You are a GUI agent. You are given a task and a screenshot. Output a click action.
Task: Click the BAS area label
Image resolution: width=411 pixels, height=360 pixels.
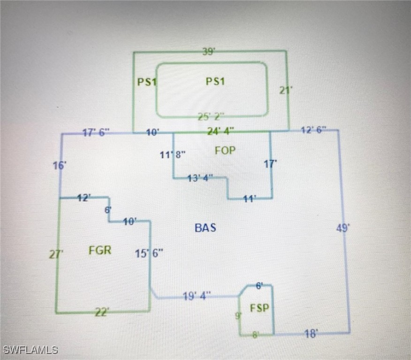coord(205,228)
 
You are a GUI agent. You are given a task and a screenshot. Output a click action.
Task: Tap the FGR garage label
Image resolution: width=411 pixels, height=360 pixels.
coord(100,250)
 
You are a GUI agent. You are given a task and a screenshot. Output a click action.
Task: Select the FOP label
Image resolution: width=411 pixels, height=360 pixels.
coord(225,150)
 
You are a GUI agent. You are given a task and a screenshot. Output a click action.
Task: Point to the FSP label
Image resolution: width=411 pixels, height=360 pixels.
coord(259,308)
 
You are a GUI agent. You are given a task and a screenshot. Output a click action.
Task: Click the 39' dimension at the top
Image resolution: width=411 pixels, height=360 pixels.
coord(209,52)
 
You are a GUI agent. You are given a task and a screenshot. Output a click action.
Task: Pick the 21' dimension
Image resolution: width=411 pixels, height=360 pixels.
coord(286,90)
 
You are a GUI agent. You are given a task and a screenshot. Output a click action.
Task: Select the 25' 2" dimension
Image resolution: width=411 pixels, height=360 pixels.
coord(211,116)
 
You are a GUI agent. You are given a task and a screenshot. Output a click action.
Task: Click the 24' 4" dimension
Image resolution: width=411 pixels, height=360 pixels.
coord(221,131)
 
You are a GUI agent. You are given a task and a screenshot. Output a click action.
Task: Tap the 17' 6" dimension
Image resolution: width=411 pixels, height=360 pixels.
coord(96,133)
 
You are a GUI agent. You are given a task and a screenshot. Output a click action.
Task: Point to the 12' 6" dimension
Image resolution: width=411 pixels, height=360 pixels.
coord(313,130)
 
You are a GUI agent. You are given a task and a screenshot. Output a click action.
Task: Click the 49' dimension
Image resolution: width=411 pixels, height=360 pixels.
coord(343,228)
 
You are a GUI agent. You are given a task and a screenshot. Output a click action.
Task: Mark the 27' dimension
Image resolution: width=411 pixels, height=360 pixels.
coord(56,255)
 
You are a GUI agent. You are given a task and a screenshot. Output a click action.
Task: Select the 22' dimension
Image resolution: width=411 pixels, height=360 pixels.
coord(102,312)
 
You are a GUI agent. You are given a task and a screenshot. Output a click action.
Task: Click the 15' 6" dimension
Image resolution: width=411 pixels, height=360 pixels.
coord(149,254)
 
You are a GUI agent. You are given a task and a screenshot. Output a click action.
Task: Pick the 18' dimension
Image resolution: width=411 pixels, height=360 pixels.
coord(311,333)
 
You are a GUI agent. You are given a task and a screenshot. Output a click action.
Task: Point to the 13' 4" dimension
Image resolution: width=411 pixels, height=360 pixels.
coord(200,178)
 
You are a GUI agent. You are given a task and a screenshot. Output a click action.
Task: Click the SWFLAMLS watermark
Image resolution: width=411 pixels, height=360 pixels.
coord(30,350)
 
